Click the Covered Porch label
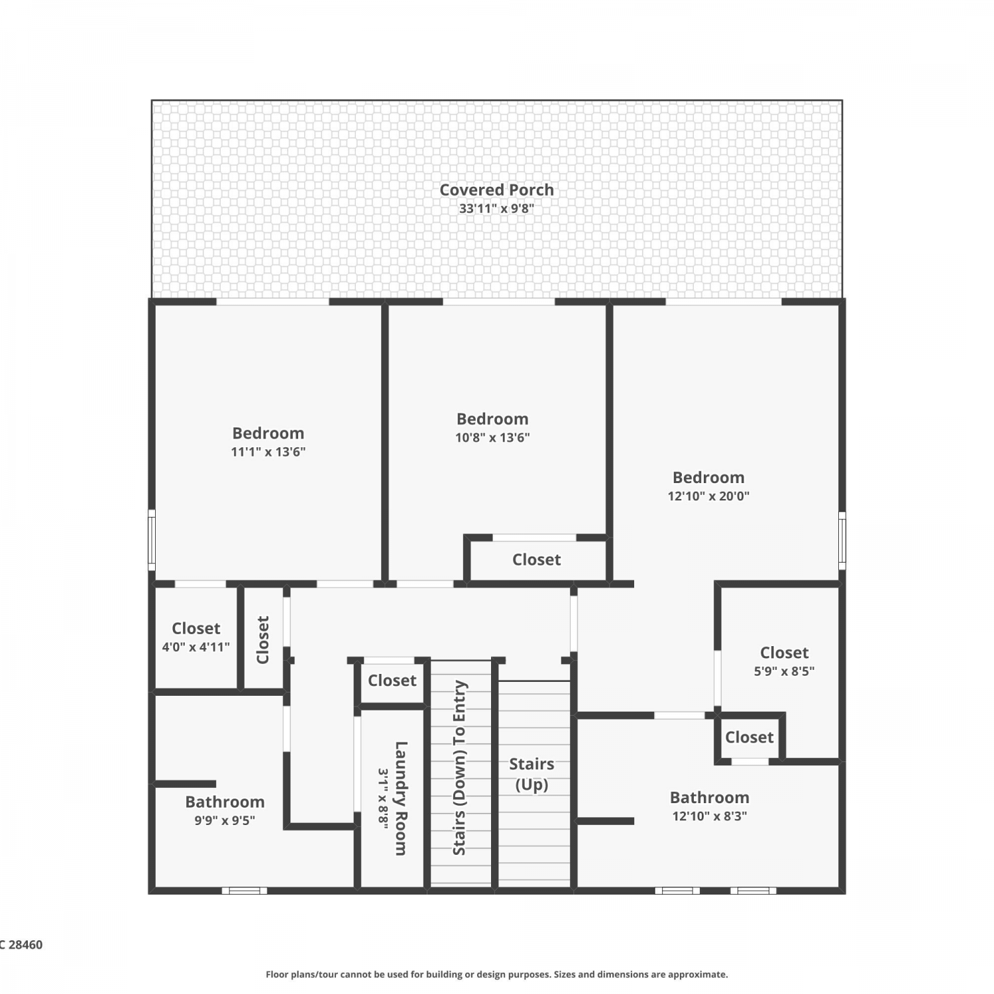496,190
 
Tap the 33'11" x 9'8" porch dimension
496,208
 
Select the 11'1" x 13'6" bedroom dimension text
268,452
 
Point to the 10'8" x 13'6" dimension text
492,437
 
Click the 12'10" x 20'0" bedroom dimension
708,496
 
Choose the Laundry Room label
401,798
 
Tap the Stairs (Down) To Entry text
459,767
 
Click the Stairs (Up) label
532,774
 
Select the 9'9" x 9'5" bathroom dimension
225,820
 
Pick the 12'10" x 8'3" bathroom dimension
710,816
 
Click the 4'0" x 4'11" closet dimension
196,647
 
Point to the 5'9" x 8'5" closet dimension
784,671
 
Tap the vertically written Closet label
262,639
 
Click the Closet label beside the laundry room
392,681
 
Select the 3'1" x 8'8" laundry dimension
383,798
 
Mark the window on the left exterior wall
151,539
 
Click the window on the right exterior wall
842,539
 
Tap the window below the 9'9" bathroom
245,891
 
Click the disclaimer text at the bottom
496,974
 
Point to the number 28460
25,945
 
